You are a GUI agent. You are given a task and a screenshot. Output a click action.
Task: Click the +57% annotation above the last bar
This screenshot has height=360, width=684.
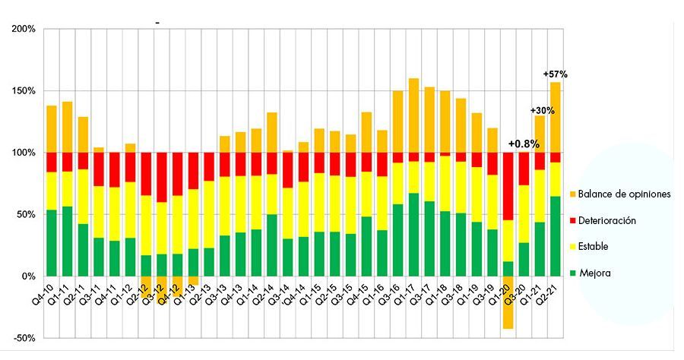556,74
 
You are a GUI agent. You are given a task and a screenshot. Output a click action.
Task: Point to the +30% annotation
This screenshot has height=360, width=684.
542,111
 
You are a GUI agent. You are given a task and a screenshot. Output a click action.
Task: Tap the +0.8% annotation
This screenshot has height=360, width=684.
524,144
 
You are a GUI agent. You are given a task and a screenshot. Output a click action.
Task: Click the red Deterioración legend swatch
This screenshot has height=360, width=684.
573,220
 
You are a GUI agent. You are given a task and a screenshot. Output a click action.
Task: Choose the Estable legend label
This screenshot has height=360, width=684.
593,247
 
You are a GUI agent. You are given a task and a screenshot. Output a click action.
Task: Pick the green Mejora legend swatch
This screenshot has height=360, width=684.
573,273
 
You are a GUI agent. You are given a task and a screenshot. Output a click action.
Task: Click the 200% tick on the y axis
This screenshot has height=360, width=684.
24,29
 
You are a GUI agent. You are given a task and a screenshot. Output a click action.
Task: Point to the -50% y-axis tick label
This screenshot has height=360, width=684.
24,339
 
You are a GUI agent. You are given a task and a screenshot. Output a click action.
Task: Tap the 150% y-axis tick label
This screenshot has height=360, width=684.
24,91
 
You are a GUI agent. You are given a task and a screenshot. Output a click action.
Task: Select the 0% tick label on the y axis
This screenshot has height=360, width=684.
27,276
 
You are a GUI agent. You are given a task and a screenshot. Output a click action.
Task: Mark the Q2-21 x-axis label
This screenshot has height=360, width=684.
551,289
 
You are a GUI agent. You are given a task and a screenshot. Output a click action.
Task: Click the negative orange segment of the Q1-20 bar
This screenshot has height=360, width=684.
508,302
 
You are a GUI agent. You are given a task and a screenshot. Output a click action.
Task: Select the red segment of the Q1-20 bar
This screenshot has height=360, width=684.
508,187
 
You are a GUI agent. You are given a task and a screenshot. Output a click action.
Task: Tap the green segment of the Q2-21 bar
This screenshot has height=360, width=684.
556,236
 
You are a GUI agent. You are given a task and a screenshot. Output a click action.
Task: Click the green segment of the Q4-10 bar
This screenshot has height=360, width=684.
52,243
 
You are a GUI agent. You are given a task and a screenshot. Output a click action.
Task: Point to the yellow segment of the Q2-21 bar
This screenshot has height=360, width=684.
556,179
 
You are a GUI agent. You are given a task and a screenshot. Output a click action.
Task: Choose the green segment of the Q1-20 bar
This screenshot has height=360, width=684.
508,269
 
